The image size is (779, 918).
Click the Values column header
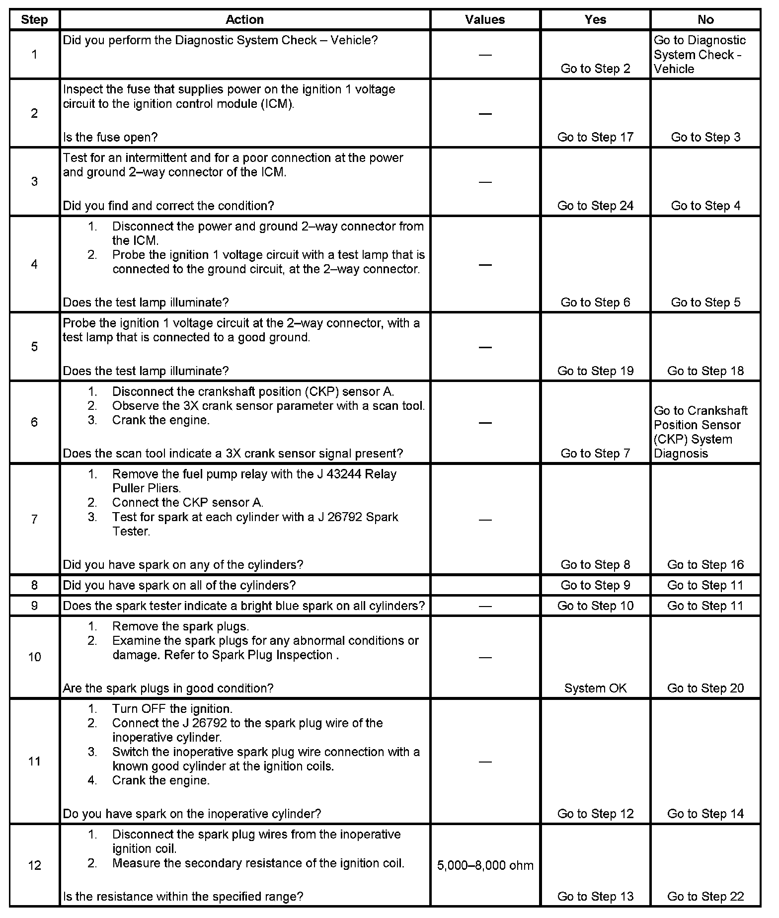click(x=484, y=20)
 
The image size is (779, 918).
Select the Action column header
click(x=244, y=20)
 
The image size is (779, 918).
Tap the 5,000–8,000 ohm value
click(x=485, y=865)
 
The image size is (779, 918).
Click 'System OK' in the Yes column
click(x=595, y=688)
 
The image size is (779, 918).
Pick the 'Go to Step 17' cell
click(x=595, y=137)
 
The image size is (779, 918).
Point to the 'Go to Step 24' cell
click(x=595, y=206)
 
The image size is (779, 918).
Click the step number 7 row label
click(x=34, y=519)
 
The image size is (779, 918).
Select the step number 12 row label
click(x=34, y=865)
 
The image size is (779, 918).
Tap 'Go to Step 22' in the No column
click(x=705, y=896)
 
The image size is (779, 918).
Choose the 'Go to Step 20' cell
click(x=705, y=688)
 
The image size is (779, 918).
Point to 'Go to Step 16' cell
click(x=705, y=564)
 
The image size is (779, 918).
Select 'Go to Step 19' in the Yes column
click(x=595, y=371)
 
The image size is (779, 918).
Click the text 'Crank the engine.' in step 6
click(x=160, y=420)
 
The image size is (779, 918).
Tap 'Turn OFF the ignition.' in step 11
click(x=172, y=709)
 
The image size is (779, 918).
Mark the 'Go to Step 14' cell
click(x=705, y=814)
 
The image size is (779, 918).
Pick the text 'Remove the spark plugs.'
click(x=180, y=626)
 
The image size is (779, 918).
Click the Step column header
click(x=34, y=20)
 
